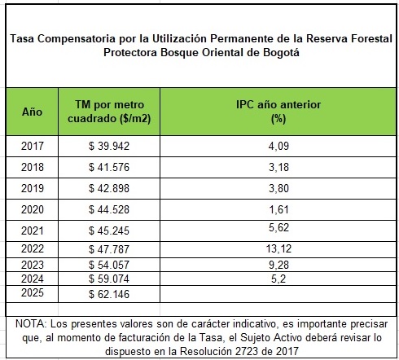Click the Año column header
click(32, 112)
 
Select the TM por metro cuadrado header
click(109, 112)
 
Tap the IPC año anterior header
click(278, 112)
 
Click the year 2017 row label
click(33, 146)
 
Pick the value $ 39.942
click(109, 146)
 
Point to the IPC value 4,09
click(278, 146)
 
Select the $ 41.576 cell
click(109, 167)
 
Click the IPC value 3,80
click(278, 188)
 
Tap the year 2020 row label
click(33, 209)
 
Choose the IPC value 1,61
click(278, 209)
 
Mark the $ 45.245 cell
click(109, 230)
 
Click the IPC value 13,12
click(278, 248)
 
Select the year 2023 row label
click(33, 265)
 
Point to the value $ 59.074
click(109, 279)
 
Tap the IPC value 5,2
click(278, 279)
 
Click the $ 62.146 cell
click(109, 294)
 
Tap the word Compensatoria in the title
click(77, 38)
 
